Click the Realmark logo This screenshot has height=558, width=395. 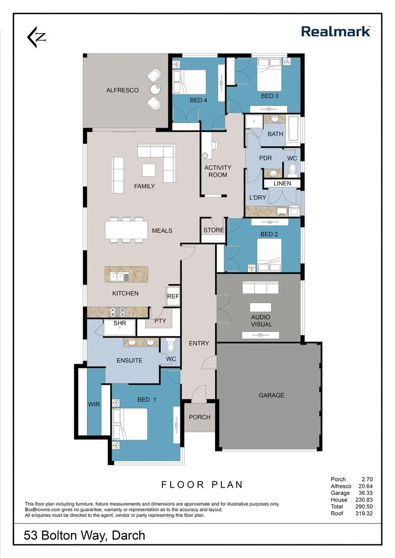(336, 32)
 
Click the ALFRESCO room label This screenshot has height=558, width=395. (122, 90)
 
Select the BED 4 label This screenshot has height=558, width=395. (199, 100)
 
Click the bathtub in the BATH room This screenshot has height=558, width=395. (293, 129)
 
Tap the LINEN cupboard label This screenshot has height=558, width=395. (282, 183)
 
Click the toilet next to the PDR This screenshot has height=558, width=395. (292, 169)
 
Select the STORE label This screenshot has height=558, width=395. (214, 230)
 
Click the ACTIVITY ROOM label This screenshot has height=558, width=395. (218, 171)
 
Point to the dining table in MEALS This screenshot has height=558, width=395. (124, 230)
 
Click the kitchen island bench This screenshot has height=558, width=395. (126, 274)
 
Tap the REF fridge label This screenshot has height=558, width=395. (173, 297)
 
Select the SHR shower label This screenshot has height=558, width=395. (119, 323)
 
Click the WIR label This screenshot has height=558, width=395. (94, 404)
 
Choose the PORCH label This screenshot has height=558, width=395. (200, 417)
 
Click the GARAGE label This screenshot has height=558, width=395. (271, 395)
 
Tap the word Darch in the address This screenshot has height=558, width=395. (127, 536)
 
